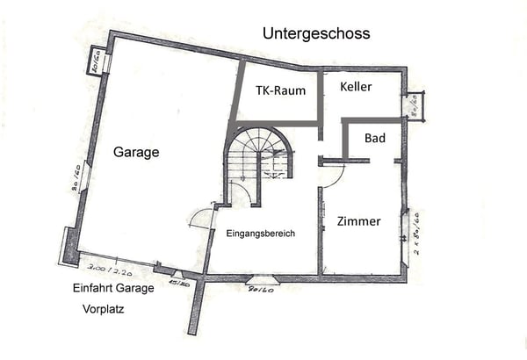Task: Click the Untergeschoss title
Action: (316, 33)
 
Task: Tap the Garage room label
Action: (136, 152)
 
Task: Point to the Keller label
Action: (357, 87)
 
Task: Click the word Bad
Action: (375, 139)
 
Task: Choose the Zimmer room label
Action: (359, 221)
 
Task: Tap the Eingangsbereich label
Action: (260, 233)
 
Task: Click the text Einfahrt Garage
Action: (113, 289)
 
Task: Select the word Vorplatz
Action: (103, 309)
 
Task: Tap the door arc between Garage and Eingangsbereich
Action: (201, 217)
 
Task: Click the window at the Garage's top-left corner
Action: (96, 61)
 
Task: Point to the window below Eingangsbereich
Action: (261, 280)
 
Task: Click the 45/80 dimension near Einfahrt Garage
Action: (179, 284)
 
